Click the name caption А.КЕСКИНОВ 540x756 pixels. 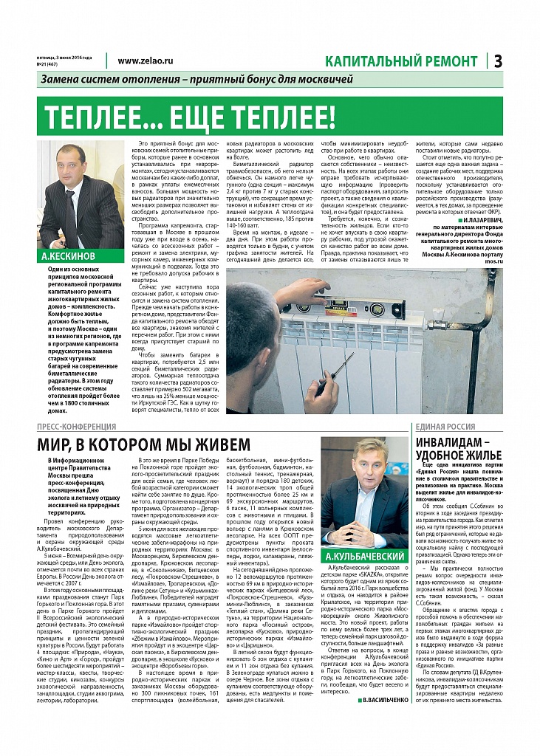[66, 277]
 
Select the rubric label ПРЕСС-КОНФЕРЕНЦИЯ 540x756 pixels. [77, 427]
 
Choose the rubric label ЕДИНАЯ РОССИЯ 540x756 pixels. [445, 427]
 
